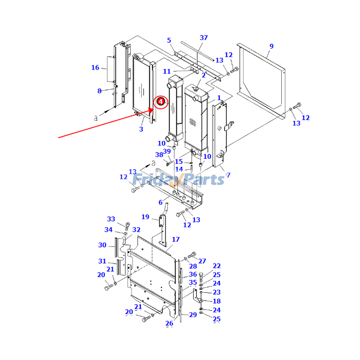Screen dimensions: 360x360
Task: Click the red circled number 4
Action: [160, 102]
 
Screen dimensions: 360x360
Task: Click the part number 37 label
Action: [204, 38]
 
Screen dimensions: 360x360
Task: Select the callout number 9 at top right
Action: [271, 46]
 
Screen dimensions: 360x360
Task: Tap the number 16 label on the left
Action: [95, 68]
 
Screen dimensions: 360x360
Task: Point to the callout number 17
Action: [175, 239]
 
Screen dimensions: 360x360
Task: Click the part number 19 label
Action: [145, 217]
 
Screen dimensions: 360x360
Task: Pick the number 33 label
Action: [111, 219]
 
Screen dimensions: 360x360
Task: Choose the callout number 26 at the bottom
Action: [169, 323]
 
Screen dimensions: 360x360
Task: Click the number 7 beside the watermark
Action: [228, 175]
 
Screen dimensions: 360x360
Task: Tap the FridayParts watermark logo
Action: [180, 180]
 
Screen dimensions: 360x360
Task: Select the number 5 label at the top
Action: [169, 40]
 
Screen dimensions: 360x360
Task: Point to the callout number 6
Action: [160, 202]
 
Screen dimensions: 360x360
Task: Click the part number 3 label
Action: [141, 130]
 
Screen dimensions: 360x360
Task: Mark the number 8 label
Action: [99, 91]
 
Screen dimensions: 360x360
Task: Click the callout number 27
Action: [202, 261]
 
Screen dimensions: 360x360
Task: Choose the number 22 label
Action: [216, 266]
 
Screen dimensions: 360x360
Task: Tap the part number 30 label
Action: [102, 245]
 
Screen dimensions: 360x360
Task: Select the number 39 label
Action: [167, 151]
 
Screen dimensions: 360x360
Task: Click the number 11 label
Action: [167, 72]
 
